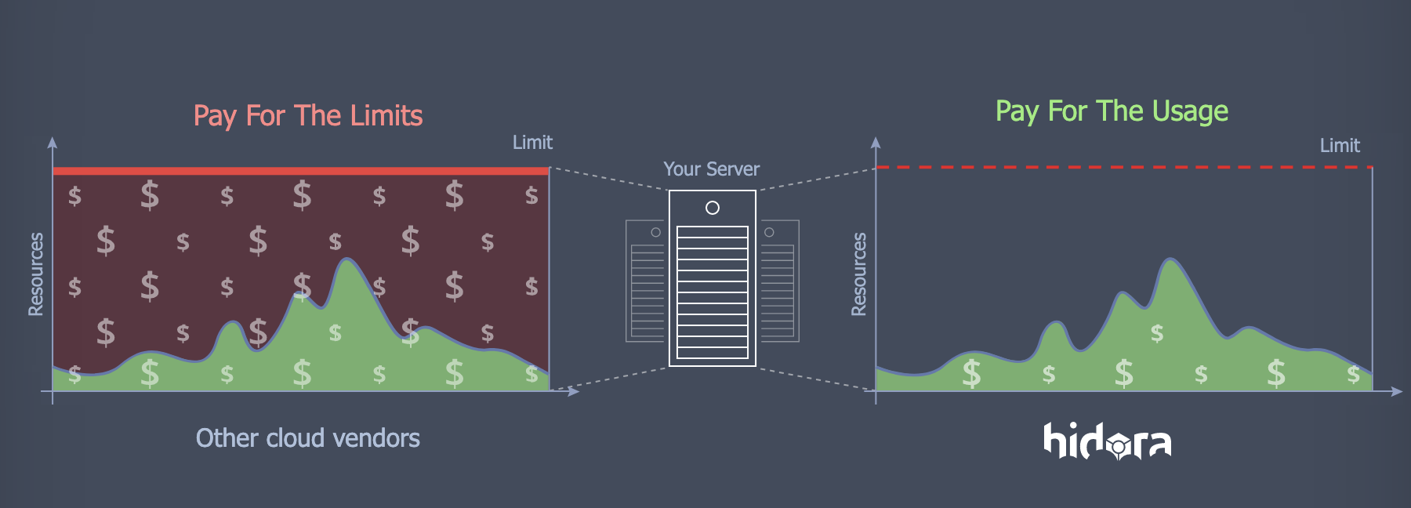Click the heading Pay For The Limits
click(x=307, y=116)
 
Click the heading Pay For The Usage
click(x=1111, y=111)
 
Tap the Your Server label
click(x=711, y=169)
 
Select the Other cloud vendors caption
click(x=307, y=437)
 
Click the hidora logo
click(x=1107, y=441)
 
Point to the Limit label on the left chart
click(x=532, y=143)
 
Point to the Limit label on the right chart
click(x=1339, y=146)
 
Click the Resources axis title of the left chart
click(x=36, y=274)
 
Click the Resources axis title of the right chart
click(x=859, y=274)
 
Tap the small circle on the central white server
click(x=712, y=208)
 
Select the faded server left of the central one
click(x=645, y=281)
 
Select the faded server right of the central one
click(x=779, y=281)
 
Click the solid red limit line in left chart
click(x=300, y=170)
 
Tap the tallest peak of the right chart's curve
click(x=1170, y=259)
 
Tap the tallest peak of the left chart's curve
click(x=347, y=259)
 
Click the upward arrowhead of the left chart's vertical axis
click(x=53, y=142)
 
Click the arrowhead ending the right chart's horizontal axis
click(x=1397, y=391)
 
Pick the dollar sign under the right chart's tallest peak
click(x=1157, y=333)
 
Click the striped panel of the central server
click(x=712, y=292)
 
